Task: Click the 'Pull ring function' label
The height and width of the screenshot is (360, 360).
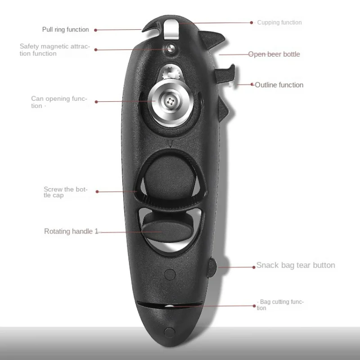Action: coord(66,30)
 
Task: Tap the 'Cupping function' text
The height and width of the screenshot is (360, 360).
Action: coord(279,22)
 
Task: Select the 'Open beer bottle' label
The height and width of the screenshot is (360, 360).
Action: coord(274,54)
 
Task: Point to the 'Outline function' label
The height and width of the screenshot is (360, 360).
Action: coord(279,85)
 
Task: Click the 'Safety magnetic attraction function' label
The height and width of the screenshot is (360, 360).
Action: coord(54,50)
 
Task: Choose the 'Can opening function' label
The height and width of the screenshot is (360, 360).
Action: coord(59,102)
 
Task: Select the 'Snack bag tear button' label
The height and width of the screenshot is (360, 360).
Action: coord(296,265)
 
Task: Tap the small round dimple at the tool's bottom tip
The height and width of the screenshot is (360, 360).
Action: coord(169,333)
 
